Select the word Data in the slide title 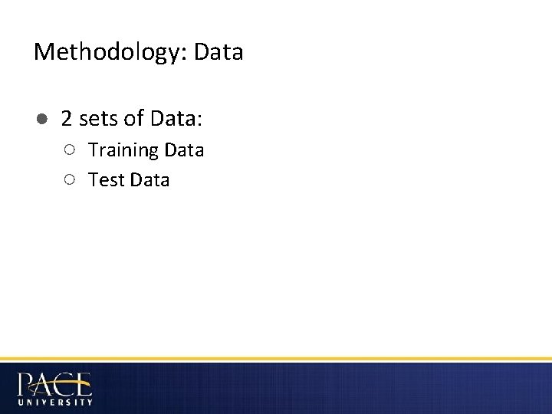[x=219, y=52]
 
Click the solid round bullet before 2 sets [x=41, y=119]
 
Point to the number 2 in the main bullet [x=67, y=119]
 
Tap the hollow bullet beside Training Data [x=70, y=149]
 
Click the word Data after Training [x=183, y=149]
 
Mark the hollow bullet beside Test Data [x=70, y=179]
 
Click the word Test [x=106, y=180]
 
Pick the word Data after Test [x=149, y=180]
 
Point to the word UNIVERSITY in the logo [x=54, y=401]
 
